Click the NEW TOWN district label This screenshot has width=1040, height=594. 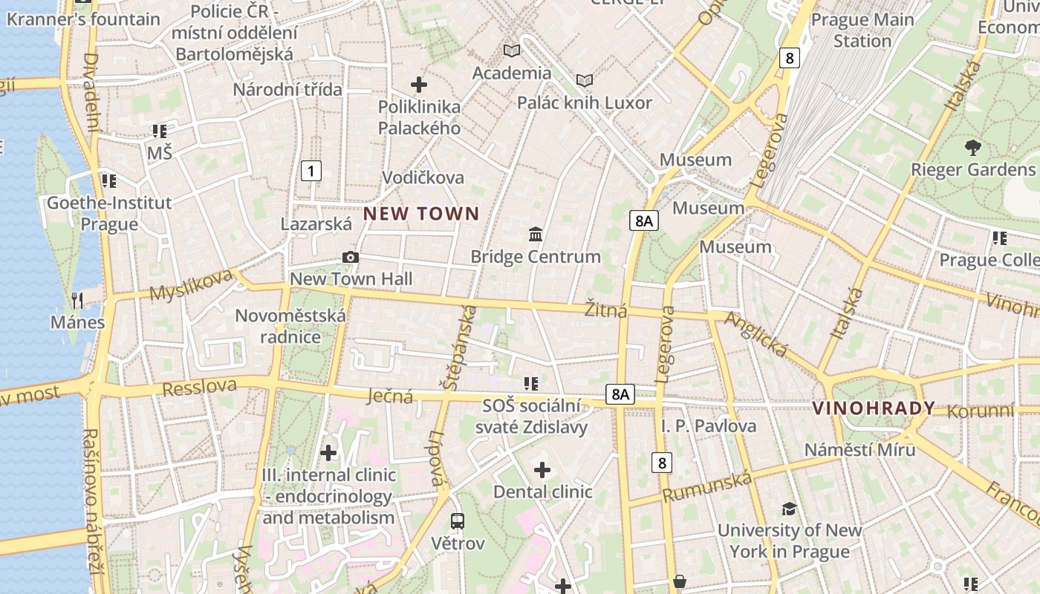pos(421,214)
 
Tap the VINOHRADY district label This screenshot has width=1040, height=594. pos(874,408)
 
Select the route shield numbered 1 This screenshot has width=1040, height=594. pos(311,172)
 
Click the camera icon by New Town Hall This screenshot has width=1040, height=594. pos(351,257)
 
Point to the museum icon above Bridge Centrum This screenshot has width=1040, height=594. pos(535,235)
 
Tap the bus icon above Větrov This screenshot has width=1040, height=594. pos(458,520)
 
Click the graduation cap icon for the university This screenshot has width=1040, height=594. pos(789,509)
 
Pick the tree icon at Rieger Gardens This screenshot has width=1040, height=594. pos(972,147)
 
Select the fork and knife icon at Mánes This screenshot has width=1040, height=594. pos(77,300)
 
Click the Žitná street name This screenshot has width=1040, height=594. pos(605,310)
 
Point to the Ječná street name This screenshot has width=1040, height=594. pos(391,396)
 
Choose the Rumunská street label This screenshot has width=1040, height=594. pos(707,487)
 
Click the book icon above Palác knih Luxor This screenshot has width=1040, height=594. pos(585,80)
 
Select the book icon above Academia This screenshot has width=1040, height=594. pos(512,50)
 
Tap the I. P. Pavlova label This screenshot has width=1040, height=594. pos(709,426)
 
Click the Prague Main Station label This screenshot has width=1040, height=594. pos(862,30)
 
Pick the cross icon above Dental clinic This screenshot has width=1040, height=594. pos(542,469)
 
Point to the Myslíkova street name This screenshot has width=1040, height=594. pos(192,285)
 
